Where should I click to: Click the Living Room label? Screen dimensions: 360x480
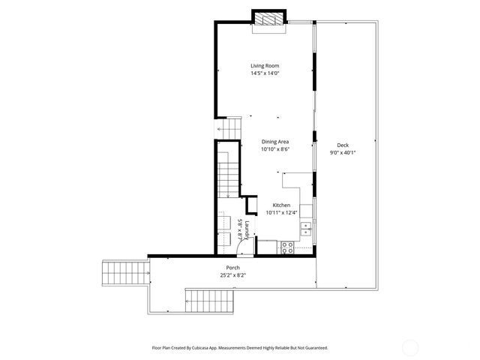[x=265, y=66]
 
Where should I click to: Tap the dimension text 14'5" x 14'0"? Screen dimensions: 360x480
[x=265, y=73]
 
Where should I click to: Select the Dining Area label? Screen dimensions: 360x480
[x=275, y=142]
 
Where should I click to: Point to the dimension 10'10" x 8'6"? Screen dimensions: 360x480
[x=275, y=149]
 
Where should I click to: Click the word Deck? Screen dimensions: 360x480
[x=343, y=145]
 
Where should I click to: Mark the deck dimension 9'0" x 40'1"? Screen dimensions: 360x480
[x=343, y=152]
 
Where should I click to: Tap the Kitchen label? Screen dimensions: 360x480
[x=281, y=205]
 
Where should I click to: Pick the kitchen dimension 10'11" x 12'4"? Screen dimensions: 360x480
[x=281, y=212]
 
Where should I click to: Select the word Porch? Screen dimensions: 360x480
[x=233, y=268]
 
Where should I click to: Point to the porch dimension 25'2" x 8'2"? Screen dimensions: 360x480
[x=233, y=275]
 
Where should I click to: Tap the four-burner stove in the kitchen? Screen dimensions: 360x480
[x=286, y=246]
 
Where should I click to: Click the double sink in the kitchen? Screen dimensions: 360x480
[x=307, y=229]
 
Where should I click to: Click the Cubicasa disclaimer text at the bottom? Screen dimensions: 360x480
[x=240, y=347]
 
